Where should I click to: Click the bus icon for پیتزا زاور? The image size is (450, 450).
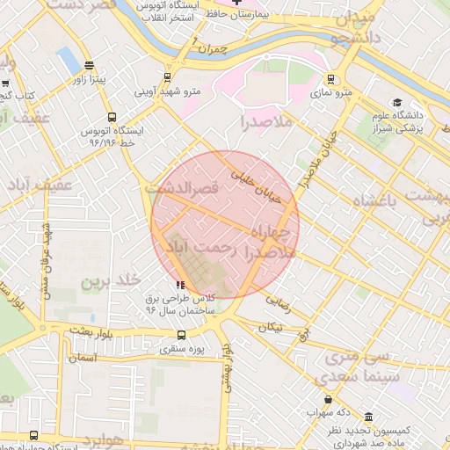[x=89, y=66]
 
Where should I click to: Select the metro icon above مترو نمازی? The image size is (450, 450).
[x=330, y=79]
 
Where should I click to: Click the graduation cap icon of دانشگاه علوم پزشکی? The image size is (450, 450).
[x=397, y=103]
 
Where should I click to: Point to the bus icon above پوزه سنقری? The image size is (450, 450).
[x=182, y=335]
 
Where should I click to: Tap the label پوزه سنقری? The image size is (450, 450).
[x=182, y=350]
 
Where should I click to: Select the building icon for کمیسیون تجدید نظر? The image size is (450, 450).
[x=367, y=416]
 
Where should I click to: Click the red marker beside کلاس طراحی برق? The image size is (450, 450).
[x=180, y=284]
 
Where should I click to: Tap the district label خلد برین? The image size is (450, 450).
[x=112, y=281]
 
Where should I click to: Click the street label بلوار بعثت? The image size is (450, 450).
[x=95, y=330]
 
